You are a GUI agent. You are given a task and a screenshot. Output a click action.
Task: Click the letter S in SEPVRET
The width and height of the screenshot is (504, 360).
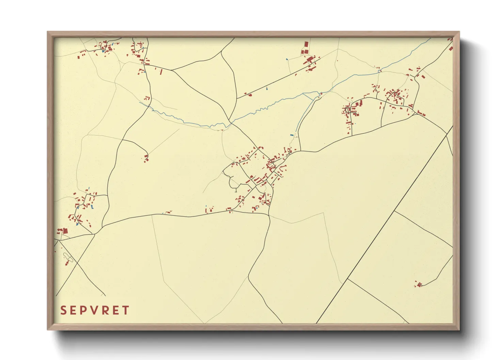[63, 310]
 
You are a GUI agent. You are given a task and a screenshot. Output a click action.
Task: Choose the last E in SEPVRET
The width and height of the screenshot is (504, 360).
[116, 310]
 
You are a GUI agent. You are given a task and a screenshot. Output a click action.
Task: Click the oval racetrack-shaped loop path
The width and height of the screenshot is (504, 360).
[68, 258]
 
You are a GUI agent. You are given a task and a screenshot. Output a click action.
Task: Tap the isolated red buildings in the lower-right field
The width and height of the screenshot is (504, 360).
[419, 284]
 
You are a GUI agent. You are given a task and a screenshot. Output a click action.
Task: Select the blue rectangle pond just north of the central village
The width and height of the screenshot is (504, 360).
[292, 135]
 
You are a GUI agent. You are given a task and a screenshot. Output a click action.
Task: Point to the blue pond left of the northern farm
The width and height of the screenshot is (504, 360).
[287, 60]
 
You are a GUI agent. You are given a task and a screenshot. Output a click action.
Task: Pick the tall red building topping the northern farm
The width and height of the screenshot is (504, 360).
[306, 45]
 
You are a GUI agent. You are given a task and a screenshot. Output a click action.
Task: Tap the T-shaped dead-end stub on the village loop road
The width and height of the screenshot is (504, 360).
[236, 190]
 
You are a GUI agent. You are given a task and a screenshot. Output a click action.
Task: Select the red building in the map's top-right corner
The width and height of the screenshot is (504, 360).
[451, 48]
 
